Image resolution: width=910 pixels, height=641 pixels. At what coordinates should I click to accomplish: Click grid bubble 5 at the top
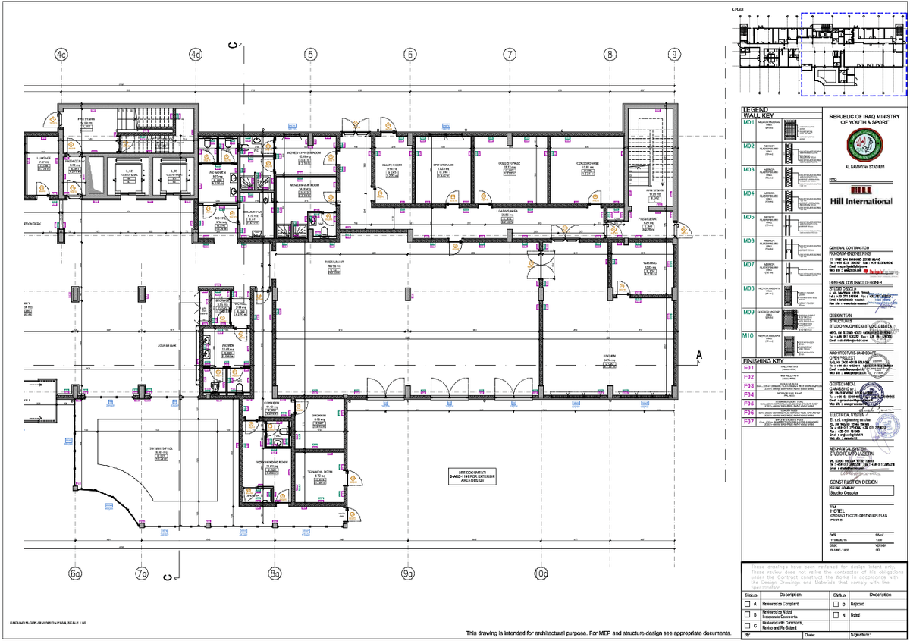coord(310,55)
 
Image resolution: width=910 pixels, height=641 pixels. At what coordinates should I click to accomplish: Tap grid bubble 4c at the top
coord(61,55)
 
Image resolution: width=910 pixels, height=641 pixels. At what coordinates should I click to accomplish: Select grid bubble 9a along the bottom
coord(409,573)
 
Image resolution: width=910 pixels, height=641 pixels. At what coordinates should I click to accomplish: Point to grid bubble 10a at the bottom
coord(541,573)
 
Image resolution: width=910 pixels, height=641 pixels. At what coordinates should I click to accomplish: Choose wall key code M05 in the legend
coord(749,217)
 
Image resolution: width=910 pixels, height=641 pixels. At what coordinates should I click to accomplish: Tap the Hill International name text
coord(861,201)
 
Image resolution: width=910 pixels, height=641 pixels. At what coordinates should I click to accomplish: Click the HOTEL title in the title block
coord(837,512)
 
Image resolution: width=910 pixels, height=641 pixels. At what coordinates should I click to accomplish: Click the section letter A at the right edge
coord(698,354)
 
